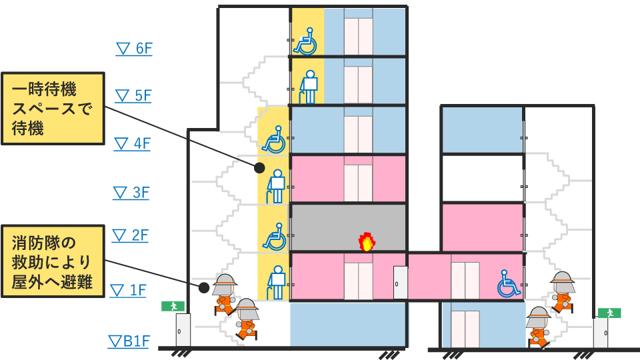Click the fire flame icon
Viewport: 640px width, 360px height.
click(366, 242)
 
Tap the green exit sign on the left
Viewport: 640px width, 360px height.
click(172, 306)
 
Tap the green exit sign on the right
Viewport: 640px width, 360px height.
click(609, 312)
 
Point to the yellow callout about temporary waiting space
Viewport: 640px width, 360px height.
click(53, 108)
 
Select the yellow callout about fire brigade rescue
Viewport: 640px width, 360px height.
click(53, 261)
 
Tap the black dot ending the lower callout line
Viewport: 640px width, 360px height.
click(203, 287)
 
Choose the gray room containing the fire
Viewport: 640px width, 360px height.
click(349, 227)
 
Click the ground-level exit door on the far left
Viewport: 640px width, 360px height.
click(183, 329)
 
